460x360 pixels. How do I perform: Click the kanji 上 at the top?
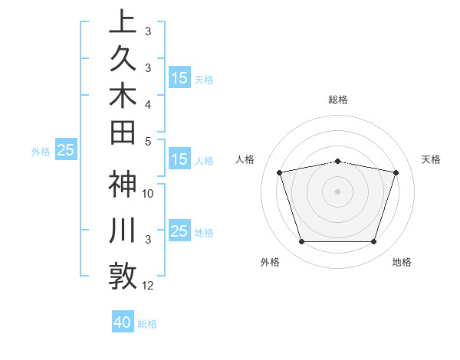pos(123,21)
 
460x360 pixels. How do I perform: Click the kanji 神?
pos(123,186)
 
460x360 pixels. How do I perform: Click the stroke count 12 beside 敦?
pos(148,286)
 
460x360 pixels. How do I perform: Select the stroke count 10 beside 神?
pos(148,194)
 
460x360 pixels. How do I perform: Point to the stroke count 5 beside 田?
pos(148,141)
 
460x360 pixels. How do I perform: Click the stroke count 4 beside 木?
pos(148,103)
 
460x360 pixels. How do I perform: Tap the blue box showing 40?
pos(123,322)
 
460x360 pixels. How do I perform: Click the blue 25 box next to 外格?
pos(66,151)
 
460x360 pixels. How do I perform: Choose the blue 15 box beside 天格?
pos(179,78)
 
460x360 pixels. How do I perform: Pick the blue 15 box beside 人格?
pos(179,160)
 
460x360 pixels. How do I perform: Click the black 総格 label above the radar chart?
pos(337,100)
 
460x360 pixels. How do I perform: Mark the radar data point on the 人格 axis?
pos(279,172)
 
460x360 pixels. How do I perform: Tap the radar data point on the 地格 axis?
pos(373,242)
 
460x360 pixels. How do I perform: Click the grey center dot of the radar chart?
pos(337,191)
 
